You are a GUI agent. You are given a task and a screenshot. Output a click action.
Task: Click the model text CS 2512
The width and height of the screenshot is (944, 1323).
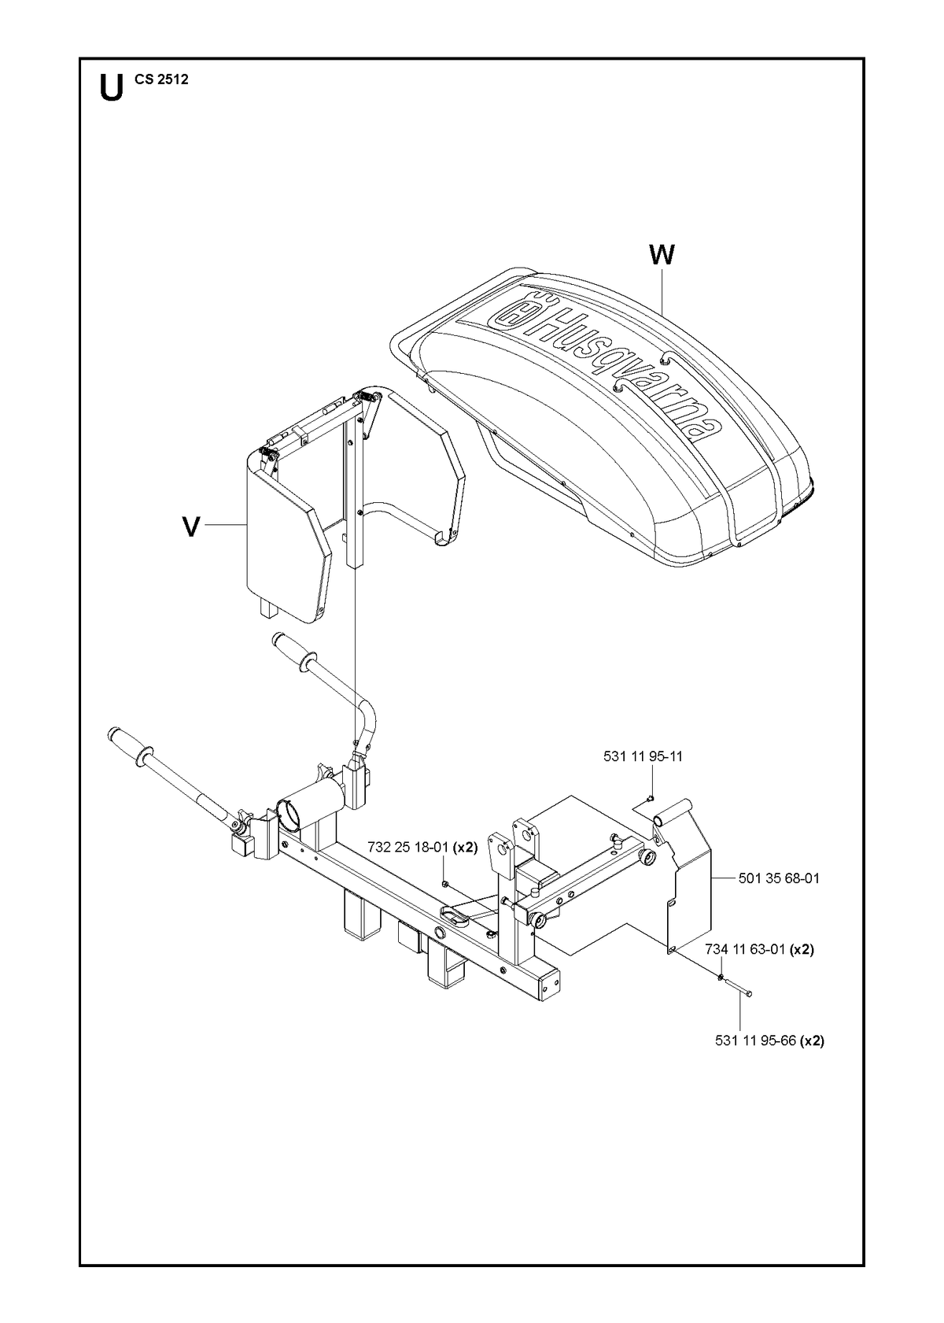point(162,79)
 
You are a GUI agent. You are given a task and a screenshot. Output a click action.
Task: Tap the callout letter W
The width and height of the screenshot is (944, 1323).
point(662,255)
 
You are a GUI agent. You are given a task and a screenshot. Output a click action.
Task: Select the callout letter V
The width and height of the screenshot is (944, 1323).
point(191,527)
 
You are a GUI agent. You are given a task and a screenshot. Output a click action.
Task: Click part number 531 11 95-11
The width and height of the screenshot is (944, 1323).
point(643,756)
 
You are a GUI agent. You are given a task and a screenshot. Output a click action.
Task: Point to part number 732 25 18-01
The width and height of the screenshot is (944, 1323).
point(411,847)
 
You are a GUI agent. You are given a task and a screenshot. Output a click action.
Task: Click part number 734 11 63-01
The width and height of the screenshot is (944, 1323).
point(745,950)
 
